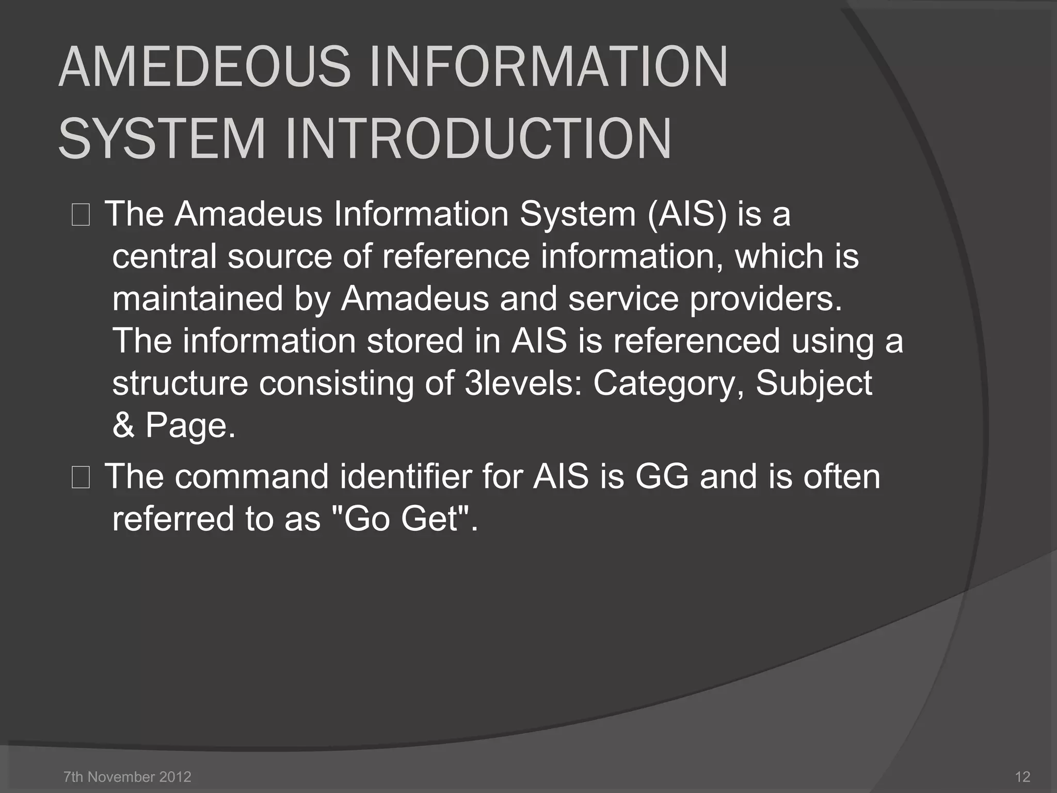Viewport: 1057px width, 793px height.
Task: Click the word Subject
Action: pos(814,383)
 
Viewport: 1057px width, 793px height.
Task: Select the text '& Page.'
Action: pos(174,425)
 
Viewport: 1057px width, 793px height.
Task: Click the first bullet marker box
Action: pos(81,215)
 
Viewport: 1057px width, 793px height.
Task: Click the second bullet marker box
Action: pos(81,478)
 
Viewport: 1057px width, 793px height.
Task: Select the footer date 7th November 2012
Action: pos(127,776)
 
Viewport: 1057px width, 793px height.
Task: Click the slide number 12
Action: pos(1022,776)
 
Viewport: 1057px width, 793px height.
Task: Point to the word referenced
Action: pos(696,341)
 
